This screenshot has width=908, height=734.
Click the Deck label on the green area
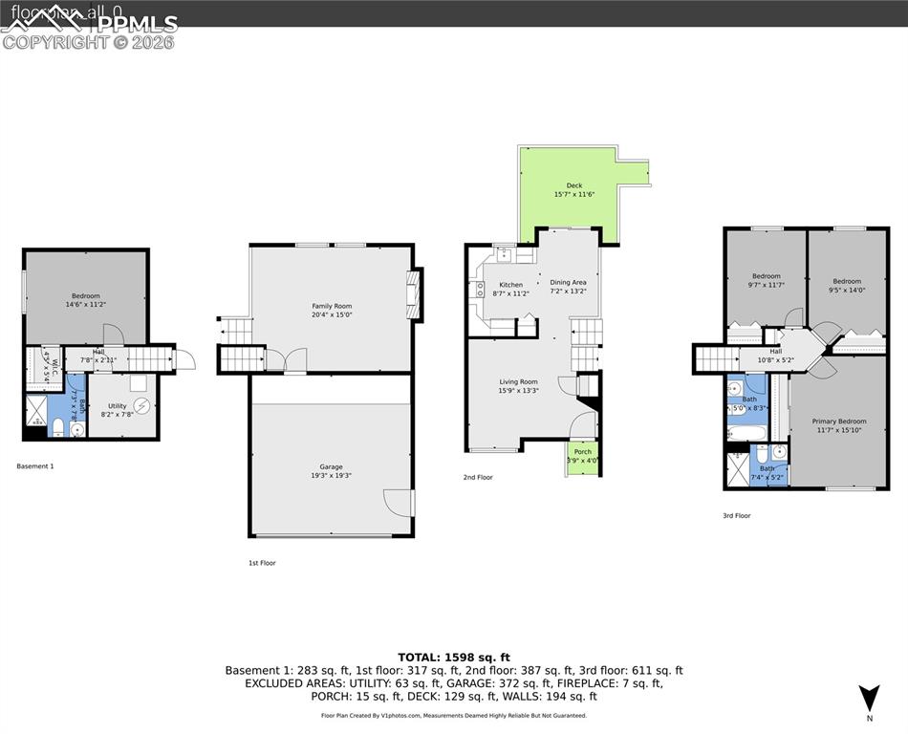(x=573, y=190)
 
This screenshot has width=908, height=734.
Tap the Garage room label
(x=331, y=471)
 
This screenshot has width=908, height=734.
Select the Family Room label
(x=332, y=311)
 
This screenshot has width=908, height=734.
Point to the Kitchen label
(x=511, y=289)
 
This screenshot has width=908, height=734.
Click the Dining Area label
(x=568, y=287)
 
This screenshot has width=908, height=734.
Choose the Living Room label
(x=518, y=386)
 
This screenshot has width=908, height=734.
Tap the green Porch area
(x=582, y=456)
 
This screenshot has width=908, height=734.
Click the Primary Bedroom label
(x=839, y=425)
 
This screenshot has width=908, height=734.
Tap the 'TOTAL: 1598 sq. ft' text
(x=454, y=657)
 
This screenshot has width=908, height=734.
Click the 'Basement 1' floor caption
(x=35, y=466)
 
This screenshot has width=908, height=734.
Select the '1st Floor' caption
(x=262, y=563)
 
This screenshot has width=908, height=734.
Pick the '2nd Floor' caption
(x=478, y=477)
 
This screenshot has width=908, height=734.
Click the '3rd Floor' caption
(x=736, y=515)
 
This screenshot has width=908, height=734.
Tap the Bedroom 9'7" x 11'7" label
(x=766, y=280)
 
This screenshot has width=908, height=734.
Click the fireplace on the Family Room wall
(x=413, y=296)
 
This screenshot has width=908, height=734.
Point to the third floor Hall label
(x=775, y=356)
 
